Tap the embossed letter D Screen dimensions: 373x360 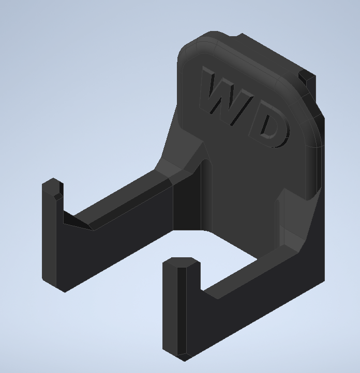pyautogui.click(x=272, y=129)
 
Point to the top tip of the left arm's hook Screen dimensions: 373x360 pyautogui.click(x=52, y=182)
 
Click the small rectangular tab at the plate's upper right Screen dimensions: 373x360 pyautogui.click(x=307, y=81)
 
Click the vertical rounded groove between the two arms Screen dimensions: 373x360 pyautogui.click(x=206, y=196)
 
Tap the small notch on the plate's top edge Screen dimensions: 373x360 pyautogui.click(x=239, y=37)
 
